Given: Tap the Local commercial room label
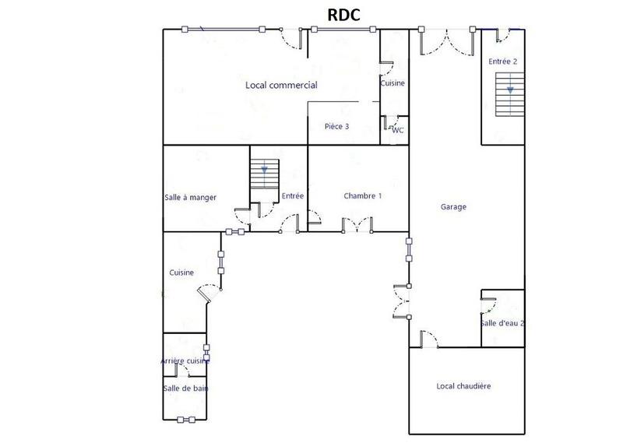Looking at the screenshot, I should click(280, 85).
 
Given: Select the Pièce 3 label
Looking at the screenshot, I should click(336, 126).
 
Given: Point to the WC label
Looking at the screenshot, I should click(398, 130).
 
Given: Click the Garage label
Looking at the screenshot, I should click(453, 207).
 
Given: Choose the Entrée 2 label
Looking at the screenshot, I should click(502, 61).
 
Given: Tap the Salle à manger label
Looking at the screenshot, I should click(190, 198).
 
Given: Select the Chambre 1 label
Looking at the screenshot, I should click(363, 196).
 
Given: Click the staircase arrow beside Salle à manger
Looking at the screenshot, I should click(265, 168).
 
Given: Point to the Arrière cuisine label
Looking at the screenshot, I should click(185, 361).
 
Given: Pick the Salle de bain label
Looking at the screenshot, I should click(185, 388).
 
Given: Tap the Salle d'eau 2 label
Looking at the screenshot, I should click(502, 323).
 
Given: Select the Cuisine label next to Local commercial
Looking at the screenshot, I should click(392, 83).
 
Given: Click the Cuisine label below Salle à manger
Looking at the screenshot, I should click(181, 272).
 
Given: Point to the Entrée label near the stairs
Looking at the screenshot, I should click(293, 196).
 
